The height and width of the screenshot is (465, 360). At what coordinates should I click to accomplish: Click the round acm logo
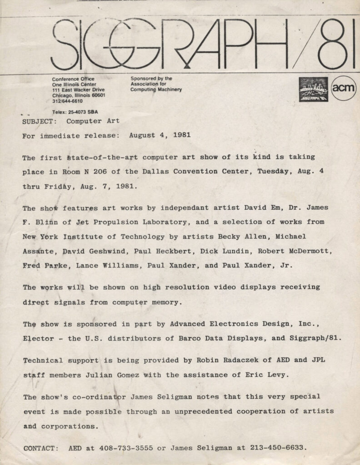point(343,88)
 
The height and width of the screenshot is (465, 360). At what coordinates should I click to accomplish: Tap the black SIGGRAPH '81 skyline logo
point(313,89)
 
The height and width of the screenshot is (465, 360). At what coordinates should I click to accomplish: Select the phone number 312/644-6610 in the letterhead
point(67,101)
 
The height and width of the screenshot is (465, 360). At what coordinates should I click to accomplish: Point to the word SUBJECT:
point(40,122)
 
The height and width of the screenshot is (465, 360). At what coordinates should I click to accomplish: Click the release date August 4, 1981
point(160,135)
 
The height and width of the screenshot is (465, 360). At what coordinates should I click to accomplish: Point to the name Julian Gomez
point(116,375)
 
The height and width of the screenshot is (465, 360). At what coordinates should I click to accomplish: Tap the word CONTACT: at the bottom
point(41,448)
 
